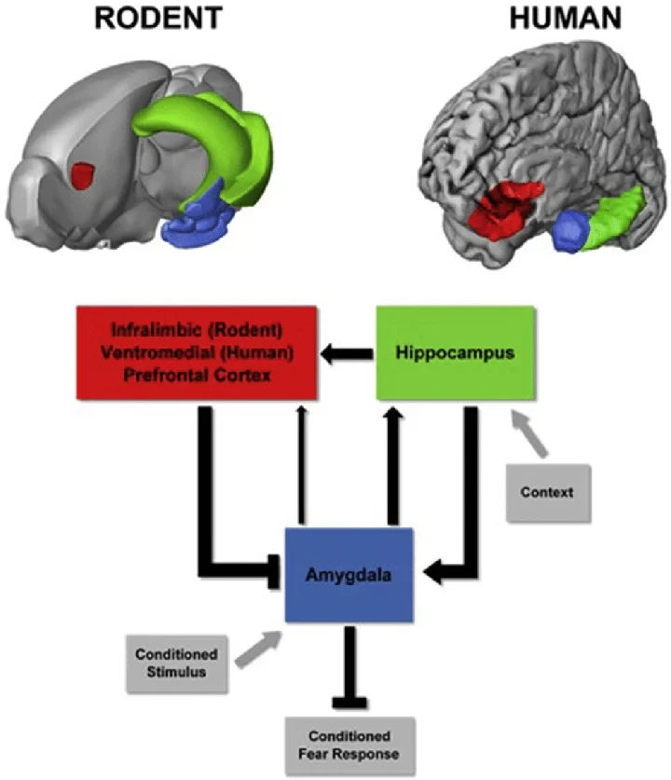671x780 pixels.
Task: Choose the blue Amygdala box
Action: point(349,575)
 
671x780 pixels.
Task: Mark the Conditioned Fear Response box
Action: point(348,746)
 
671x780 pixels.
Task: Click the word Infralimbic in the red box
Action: point(154,331)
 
